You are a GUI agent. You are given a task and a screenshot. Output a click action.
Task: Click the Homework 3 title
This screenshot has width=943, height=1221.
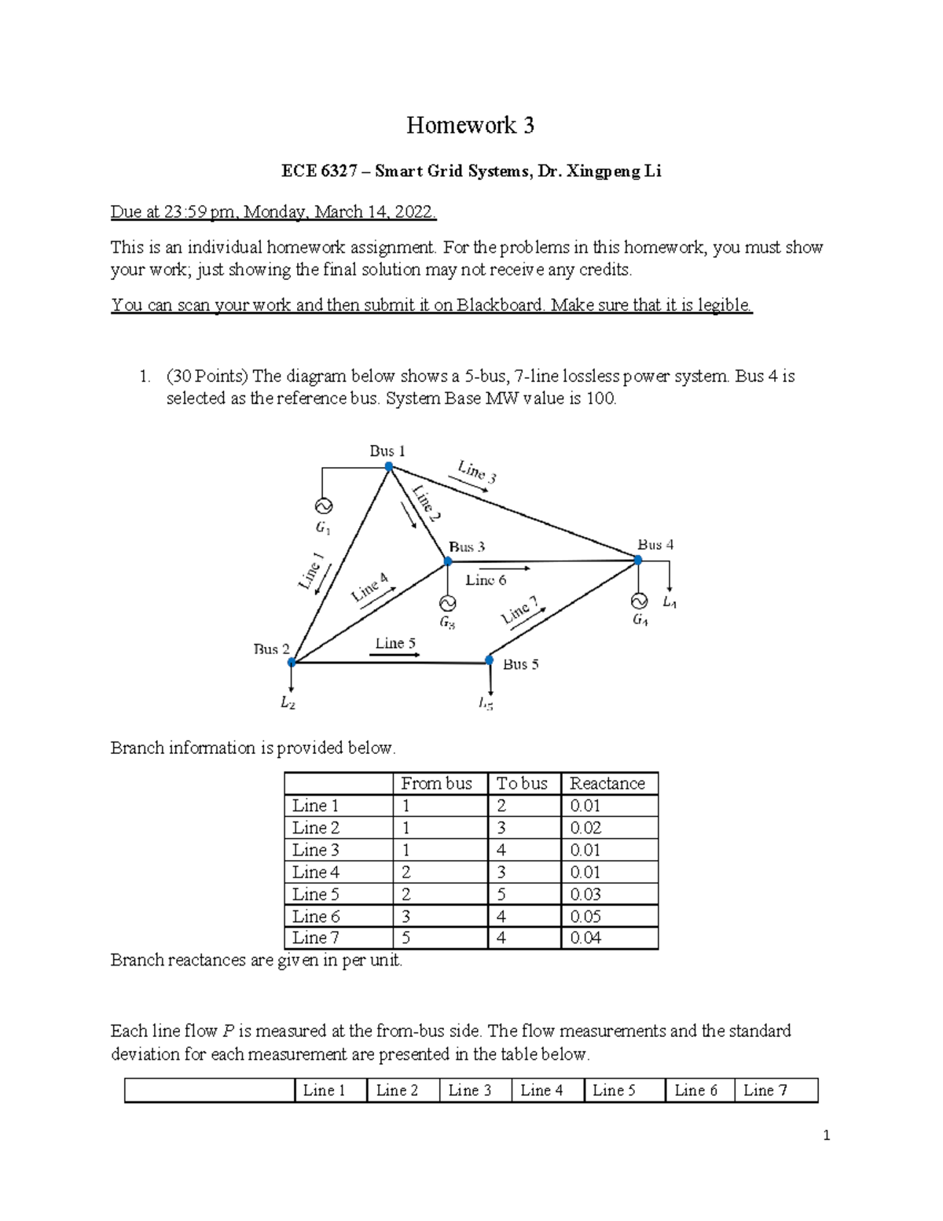pyautogui.click(x=470, y=125)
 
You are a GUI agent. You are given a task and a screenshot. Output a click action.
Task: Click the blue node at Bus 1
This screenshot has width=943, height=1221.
pyautogui.click(x=388, y=466)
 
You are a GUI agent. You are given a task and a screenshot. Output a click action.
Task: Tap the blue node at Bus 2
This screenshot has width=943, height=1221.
pyautogui.click(x=292, y=663)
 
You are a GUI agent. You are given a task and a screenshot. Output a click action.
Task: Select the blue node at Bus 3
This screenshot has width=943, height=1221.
pyautogui.click(x=447, y=561)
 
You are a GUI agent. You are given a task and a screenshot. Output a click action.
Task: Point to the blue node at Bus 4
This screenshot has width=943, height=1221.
pyautogui.click(x=637, y=561)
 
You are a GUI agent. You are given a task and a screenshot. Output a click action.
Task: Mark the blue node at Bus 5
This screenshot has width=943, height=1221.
pyautogui.click(x=489, y=660)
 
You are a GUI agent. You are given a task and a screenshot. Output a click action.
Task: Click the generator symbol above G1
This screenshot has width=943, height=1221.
pyautogui.click(x=322, y=506)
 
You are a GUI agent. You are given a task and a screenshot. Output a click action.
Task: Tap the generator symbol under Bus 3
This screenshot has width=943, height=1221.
pyautogui.click(x=447, y=603)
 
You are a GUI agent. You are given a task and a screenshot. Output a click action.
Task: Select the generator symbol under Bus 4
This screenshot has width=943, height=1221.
pyautogui.click(x=638, y=601)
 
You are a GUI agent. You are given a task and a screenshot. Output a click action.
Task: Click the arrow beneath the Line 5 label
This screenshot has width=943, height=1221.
pyautogui.click(x=394, y=655)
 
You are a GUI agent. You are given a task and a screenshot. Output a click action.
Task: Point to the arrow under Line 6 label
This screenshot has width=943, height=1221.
pyautogui.click(x=504, y=568)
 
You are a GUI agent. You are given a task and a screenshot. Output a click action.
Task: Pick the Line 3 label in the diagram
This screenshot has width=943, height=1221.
pyautogui.click(x=477, y=472)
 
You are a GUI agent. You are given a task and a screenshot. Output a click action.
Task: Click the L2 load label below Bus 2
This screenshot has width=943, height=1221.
pyautogui.click(x=288, y=704)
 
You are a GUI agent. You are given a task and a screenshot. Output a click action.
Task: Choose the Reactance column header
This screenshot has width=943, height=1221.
pyautogui.click(x=607, y=783)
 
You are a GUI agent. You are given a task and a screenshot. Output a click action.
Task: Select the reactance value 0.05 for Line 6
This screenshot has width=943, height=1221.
pyautogui.click(x=585, y=916)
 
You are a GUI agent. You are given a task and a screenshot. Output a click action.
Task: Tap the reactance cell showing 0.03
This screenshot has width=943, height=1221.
pyautogui.click(x=585, y=894)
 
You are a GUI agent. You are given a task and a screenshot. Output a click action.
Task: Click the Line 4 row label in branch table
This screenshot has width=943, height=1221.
pyautogui.click(x=316, y=872)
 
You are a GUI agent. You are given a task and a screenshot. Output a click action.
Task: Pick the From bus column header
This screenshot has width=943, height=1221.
pyautogui.click(x=436, y=783)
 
